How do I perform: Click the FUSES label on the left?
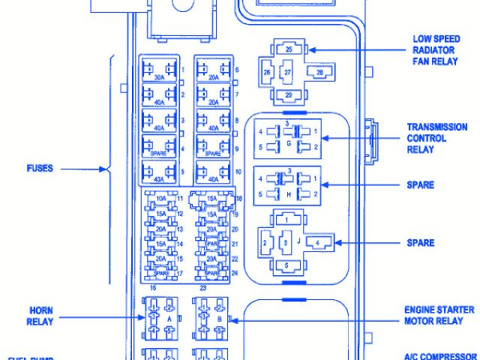point(38,169)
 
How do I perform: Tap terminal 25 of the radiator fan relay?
point(288,49)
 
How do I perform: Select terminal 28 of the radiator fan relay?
point(319,72)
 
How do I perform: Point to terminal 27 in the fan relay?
point(287,73)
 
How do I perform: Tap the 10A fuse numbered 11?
point(160,199)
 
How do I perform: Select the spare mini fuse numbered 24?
point(212,272)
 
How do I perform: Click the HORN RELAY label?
point(40,315)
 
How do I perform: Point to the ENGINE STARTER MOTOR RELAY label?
point(439,315)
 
